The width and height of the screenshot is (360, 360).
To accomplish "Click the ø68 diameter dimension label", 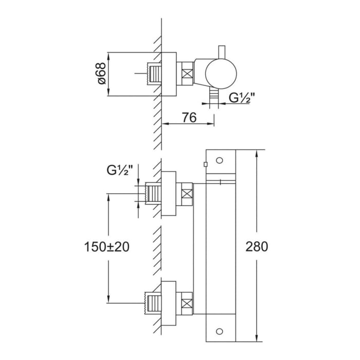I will click(101, 74).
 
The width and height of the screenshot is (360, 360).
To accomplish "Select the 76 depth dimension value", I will click(188, 117).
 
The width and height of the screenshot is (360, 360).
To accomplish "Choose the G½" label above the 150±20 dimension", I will click(120, 169).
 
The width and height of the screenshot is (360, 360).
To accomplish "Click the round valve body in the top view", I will click(221, 74).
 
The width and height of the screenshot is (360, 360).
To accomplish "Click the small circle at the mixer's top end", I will click(220, 160).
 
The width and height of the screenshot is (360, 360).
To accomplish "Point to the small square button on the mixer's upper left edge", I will click(205, 165).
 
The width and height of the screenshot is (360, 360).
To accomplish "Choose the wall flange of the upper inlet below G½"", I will click(169, 195).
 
